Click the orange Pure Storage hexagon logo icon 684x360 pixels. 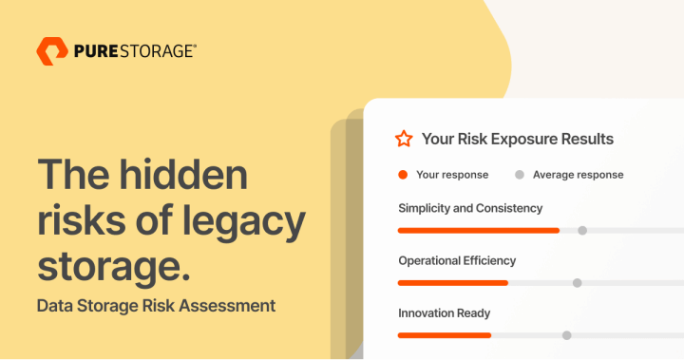coord(52,51)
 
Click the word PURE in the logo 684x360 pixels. coord(96,51)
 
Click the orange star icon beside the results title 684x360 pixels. coord(404,139)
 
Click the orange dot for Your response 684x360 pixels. coord(403,175)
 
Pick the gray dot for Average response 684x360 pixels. coord(519,175)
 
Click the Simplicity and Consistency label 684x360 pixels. coord(470,208)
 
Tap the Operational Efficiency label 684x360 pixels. coord(457,260)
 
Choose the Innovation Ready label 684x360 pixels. coord(445,313)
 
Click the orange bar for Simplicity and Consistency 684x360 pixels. coord(478,230)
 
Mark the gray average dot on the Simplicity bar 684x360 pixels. coord(582,230)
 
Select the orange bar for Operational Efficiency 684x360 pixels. coord(452,282)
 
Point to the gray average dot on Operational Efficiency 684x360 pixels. coord(577,282)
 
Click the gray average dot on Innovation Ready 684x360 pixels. coord(567,334)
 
